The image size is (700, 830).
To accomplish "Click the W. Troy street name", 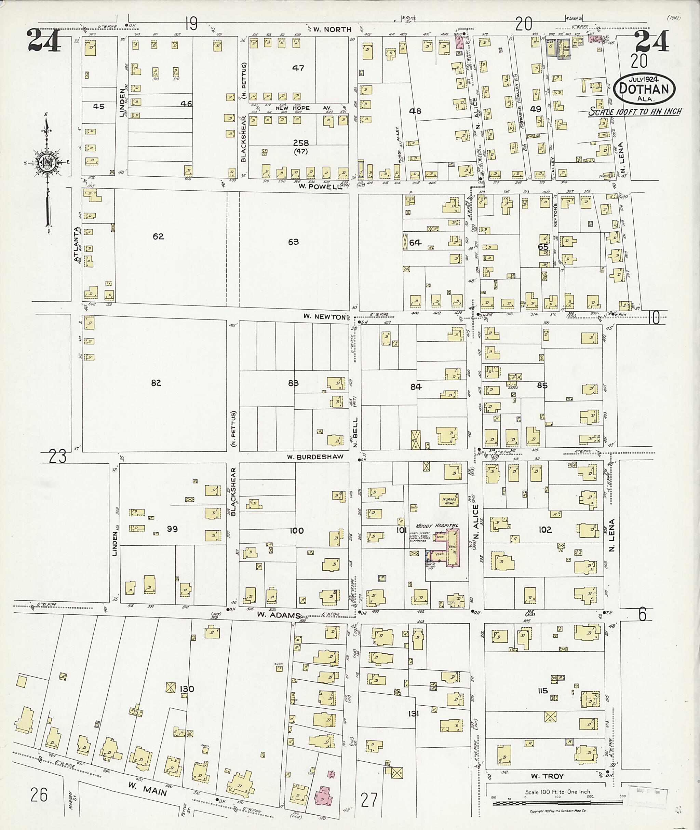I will click(x=548, y=776).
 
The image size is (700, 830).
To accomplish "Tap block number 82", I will click(x=156, y=383).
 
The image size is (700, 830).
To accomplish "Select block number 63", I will click(x=293, y=242).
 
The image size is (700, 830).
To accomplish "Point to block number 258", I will click(x=301, y=143).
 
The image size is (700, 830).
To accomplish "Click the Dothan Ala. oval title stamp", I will click(x=644, y=89).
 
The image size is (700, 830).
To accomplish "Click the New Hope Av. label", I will click(x=298, y=108).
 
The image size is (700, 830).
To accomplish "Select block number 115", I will click(x=542, y=691).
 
